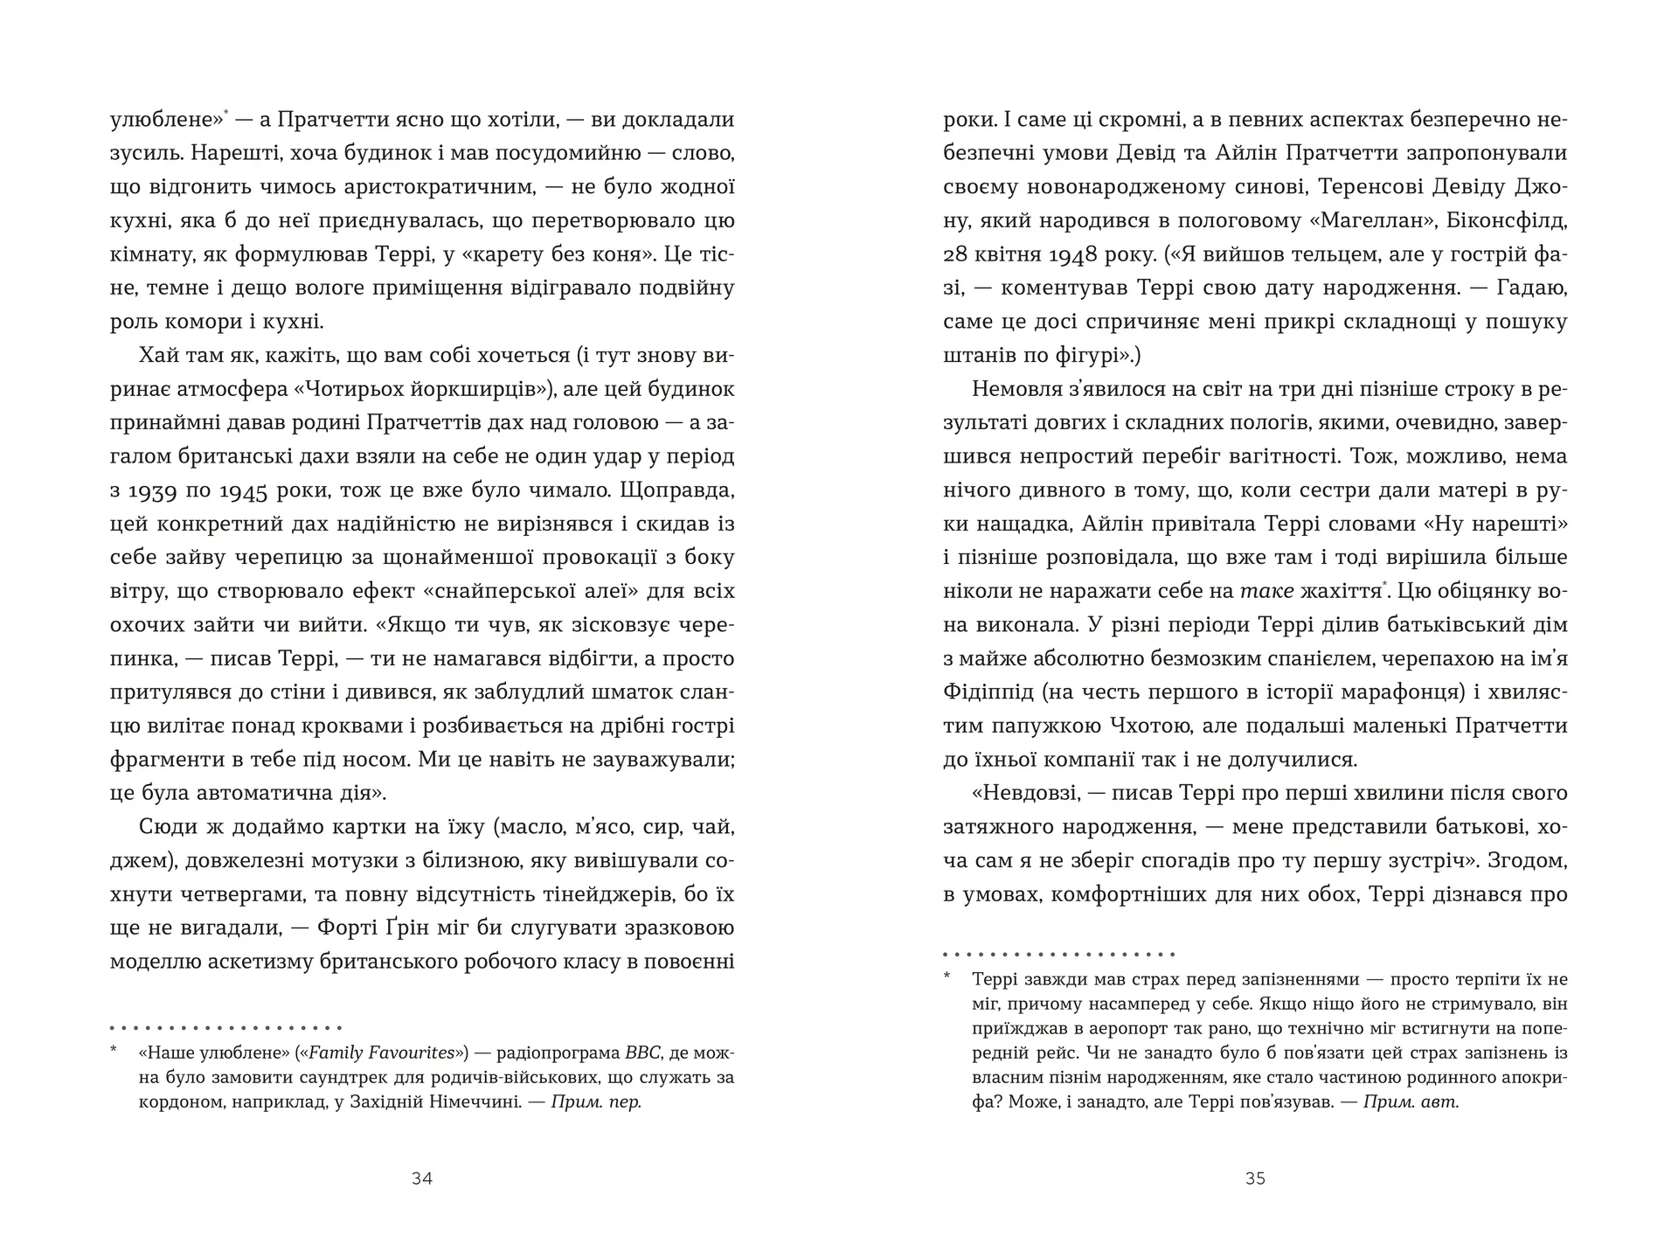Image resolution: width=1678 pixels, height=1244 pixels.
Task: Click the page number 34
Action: [x=422, y=1178]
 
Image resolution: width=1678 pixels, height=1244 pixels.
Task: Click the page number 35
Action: [x=1255, y=1178]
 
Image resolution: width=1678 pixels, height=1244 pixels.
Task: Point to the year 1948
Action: [x=1077, y=254]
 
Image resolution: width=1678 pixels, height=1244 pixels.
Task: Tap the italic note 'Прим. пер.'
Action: [x=596, y=1102]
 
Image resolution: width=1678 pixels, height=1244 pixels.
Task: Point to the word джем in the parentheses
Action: [x=140, y=861]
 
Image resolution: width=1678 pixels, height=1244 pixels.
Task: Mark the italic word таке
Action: [x=1267, y=592]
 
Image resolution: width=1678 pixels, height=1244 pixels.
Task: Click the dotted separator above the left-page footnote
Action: [x=226, y=1028]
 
